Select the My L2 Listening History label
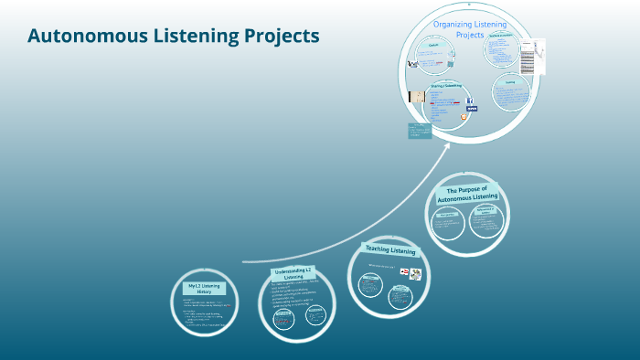click(x=205, y=290)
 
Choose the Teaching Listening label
click(x=390, y=250)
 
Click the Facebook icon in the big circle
click(x=470, y=101)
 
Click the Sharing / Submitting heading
click(x=446, y=86)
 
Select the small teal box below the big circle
click(x=420, y=131)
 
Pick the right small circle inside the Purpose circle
click(x=486, y=220)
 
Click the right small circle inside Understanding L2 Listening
click(x=315, y=315)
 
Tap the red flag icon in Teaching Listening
click(x=403, y=272)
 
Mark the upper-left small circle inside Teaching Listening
click(x=370, y=285)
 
